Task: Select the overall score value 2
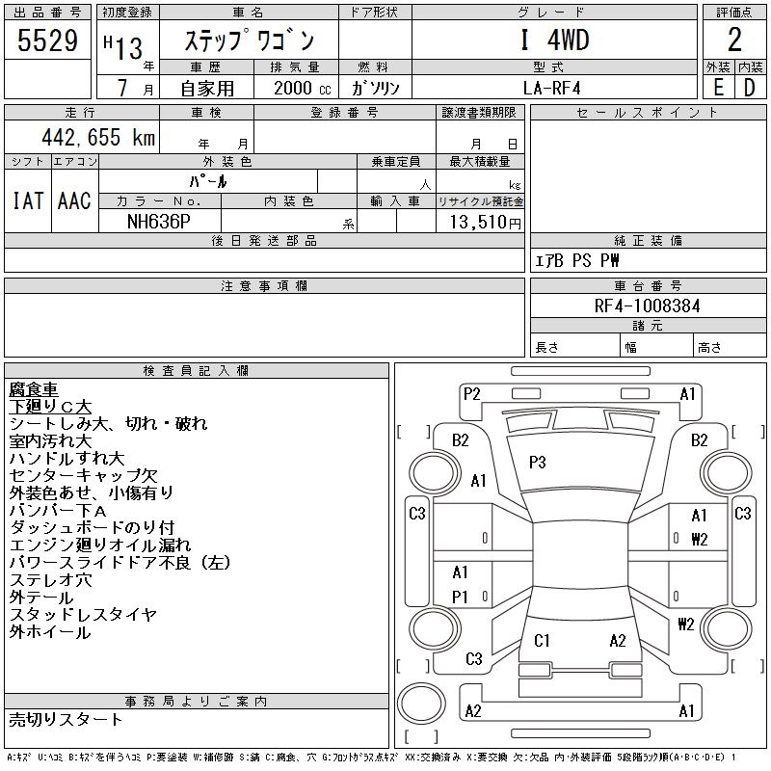tap(734, 40)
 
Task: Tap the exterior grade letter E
tap(718, 87)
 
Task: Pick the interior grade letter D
tap(749, 87)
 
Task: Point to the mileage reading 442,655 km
tap(97, 137)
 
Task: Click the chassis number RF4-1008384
tap(648, 306)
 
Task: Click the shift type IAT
tap(27, 201)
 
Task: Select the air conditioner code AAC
tap(74, 201)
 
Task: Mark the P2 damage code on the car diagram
tap(471, 393)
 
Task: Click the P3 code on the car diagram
tap(538, 463)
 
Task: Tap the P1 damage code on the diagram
tap(460, 597)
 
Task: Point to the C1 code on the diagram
tap(542, 640)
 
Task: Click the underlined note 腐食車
tap(34, 389)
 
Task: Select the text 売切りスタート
tap(66, 719)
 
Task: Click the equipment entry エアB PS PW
tap(578, 261)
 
